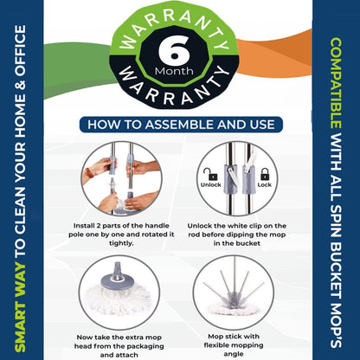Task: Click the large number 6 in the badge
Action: [174, 51]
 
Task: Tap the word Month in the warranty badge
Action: [174, 71]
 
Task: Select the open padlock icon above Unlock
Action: [210, 174]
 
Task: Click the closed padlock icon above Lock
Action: [265, 174]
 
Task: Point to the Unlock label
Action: [210, 184]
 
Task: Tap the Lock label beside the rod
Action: [265, 184]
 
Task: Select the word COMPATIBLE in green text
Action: [335, 84]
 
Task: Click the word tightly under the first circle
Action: [121, 243]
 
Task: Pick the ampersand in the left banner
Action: [20, 86]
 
